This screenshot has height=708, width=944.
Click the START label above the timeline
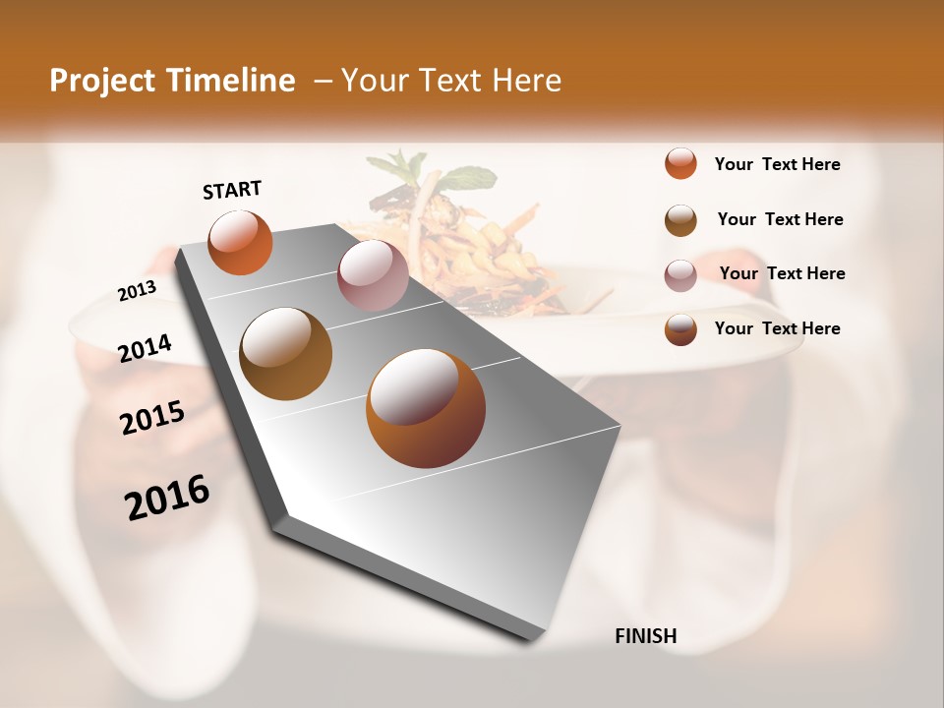(x=232, y=190)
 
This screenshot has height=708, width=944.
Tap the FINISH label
(x=645, y=636)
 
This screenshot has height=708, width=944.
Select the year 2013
(x=138, y=290)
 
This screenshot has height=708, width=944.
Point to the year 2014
(x=146, y=348)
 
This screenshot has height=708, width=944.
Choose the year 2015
(x=152, y=418)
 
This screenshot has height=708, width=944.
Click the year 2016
(x=167, y=498)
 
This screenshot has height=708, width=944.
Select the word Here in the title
(x=526, y=81)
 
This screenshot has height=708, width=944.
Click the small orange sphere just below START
(x=240, y=242)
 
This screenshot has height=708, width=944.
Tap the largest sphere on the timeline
(x=425, y=408)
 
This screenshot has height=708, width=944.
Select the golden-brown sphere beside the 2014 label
(x=285, y=354)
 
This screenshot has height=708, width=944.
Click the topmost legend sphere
(x=680, y=164)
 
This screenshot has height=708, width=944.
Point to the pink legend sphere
(x=680, y=275)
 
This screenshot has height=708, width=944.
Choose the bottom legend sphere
(x=680, y=329)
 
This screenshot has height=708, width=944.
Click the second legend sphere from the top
(x=680, y=220)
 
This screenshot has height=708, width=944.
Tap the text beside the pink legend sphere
(x=782, y=273)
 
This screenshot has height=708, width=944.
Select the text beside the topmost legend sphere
(x=777, y=164)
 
